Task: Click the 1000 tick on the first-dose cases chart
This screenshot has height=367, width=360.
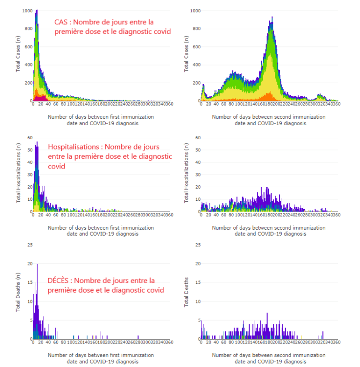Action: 27,11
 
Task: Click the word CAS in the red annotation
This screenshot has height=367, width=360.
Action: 61,22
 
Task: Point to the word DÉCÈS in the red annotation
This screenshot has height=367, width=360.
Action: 59,281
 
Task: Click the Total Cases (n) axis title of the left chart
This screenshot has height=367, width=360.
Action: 18,57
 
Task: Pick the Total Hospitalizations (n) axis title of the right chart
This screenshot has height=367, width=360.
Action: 187,175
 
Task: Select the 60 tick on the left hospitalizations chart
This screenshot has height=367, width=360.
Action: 29,138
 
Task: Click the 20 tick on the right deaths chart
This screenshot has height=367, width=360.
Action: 198,264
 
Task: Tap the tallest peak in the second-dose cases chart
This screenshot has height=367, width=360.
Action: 271,18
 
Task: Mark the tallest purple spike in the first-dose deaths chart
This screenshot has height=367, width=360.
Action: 37,264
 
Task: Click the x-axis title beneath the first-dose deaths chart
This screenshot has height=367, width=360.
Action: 100,358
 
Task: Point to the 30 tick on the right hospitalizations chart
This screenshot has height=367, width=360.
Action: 198,175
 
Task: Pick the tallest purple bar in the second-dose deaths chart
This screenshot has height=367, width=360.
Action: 267,313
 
